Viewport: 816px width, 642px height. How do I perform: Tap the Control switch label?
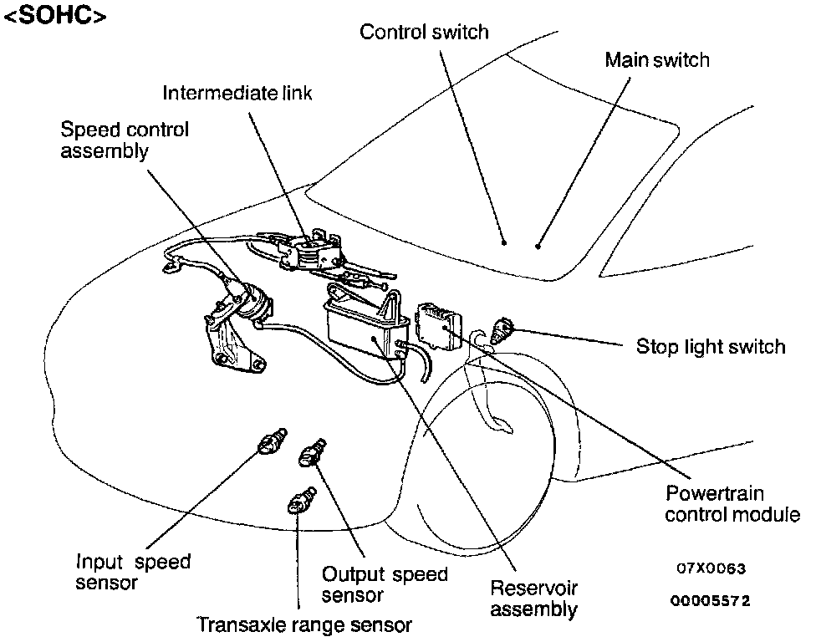424,32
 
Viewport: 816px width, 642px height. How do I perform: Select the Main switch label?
656,60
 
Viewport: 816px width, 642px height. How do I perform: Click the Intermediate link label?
237,92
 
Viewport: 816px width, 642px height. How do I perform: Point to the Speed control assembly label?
125,140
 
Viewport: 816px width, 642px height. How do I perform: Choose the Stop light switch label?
711,346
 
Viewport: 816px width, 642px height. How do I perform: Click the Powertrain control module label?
732,504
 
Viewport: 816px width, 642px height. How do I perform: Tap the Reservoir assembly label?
533,599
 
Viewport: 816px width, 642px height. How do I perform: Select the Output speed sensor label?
385,584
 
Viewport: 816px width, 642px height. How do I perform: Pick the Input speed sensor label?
133,572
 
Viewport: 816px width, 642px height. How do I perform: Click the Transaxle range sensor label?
304,624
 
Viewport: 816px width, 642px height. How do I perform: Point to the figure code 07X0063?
711,569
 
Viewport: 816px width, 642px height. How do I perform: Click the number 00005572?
711,601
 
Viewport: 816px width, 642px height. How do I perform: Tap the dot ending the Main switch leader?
538,247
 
